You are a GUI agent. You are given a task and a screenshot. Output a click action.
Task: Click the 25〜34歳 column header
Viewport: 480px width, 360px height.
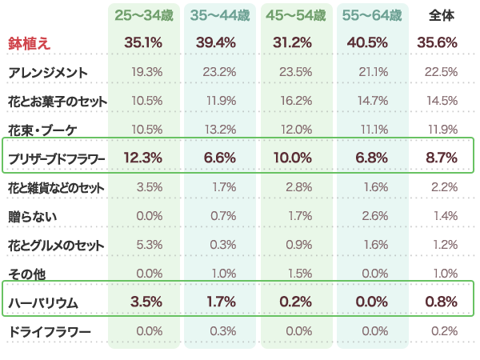tap(143, 15)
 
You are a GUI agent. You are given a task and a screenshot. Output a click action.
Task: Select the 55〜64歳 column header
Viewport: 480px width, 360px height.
tap(372, 15)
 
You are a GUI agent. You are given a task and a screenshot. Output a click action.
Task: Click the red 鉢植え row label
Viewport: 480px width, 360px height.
tap(30, 43)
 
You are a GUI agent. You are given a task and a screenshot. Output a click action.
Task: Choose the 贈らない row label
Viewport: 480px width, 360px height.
tap(33, 216)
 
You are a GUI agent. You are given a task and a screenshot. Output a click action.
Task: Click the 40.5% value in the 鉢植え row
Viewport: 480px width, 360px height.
tap(371, 43)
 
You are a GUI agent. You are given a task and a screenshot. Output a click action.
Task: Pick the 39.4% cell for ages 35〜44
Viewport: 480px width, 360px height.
tap(219, 43)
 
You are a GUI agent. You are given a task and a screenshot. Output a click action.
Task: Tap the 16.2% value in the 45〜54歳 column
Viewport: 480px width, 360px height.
tap(296, 101)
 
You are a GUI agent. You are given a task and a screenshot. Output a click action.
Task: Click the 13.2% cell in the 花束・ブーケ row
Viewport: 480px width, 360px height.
tap(220, 130)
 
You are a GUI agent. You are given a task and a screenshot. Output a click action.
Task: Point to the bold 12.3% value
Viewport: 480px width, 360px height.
tap(145, 158)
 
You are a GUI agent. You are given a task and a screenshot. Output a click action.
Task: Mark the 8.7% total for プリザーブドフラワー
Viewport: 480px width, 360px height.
tap(442, 158)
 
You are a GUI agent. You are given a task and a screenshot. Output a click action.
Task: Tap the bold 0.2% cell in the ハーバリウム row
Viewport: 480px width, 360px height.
tap(297, 302)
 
